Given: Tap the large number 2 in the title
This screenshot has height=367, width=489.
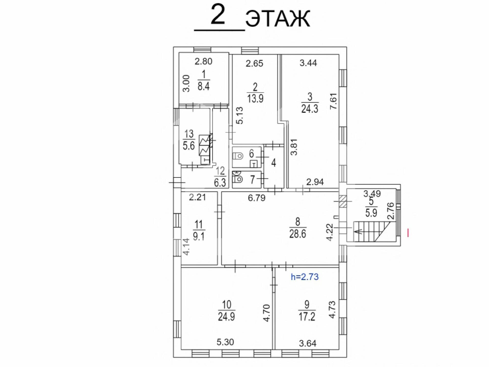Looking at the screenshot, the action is pyautogui.click(x=218, y=15).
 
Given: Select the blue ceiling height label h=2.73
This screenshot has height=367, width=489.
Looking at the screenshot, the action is pyautogui.click(x=305, y=277).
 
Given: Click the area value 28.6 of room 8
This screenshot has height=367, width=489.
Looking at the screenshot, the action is pyautogui.click(x=297, y=234).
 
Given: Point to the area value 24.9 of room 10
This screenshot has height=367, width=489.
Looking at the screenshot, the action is pyautogui.click(x=226, y=317).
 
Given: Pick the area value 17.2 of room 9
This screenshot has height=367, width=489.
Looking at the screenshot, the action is pyautogui.click(x=307, y=317).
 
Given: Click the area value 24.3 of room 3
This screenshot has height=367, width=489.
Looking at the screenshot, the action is pyautogui.click(x=310, y=109).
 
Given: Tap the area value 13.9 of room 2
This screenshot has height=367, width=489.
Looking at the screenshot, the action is pyautogui.click(x=255, y=98).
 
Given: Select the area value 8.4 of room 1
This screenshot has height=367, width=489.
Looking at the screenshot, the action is pyautogui.click(x=203, y=86).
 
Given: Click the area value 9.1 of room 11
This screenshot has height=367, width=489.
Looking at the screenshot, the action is pyautogui.click(x=199, y=236).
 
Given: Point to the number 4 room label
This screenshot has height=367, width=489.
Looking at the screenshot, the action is pyautogui.click(x=274, y=163).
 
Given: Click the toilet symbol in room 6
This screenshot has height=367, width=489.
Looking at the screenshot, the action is pyautogui.click(x=237, y=155).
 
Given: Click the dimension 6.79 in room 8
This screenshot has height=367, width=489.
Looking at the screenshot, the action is pyautogui.click(x=257, y=198).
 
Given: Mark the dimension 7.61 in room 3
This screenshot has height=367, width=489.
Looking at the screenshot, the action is pyautogui.click(x=333, y=101).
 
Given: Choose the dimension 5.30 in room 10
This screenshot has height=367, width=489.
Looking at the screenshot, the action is pyautogui.click(x=225, y=342).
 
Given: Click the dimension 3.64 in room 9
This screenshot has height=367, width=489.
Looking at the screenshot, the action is pyautogui.click(x=308, y=344).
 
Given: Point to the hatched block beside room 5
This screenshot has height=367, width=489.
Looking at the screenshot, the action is pyautogui.click(x=343, y=201).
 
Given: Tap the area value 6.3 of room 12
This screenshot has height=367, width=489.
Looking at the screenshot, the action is pyautogui.click(x=220, y=183).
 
